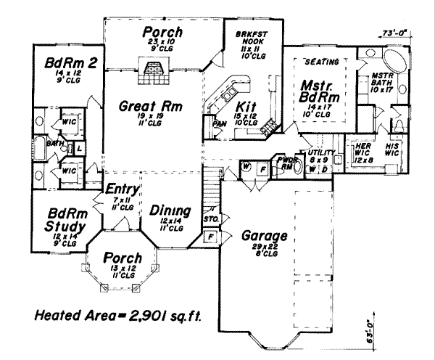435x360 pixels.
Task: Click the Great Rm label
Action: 151,107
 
